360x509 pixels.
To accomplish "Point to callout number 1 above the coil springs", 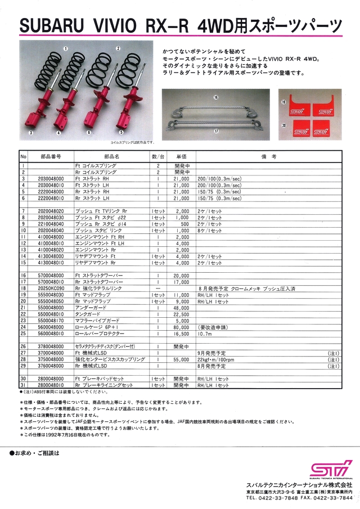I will coord(66,49).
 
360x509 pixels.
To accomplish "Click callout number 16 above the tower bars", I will coord(215,97).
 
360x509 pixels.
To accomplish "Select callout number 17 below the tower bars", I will coord(215,131).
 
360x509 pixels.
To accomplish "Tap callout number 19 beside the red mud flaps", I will coord(284,102).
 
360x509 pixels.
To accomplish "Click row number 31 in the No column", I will coord(24,386).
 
